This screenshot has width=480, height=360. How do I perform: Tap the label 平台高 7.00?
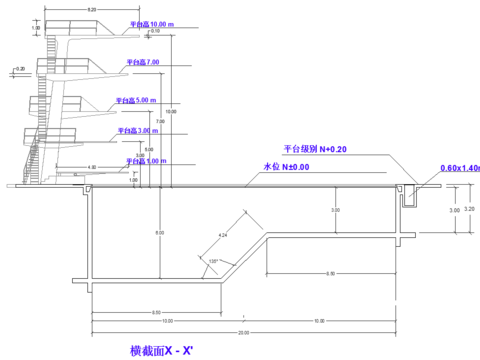tap(143, 62)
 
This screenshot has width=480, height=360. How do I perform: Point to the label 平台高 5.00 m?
tap(137, 100)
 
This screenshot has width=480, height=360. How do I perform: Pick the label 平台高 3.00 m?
tap(137, 130)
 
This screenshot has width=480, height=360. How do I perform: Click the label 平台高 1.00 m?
tap(144, 161)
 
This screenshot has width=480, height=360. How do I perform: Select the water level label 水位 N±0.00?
tap(286, 167)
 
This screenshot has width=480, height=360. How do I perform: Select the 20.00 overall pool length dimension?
tap(243, 332)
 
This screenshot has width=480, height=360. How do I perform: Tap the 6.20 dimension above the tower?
tap(91, 9)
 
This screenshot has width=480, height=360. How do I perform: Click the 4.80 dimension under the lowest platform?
tap(91, 167)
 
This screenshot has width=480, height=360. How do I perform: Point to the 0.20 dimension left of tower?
tap(19, 69)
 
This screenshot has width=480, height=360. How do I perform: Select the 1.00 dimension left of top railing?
tap(36, 28)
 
